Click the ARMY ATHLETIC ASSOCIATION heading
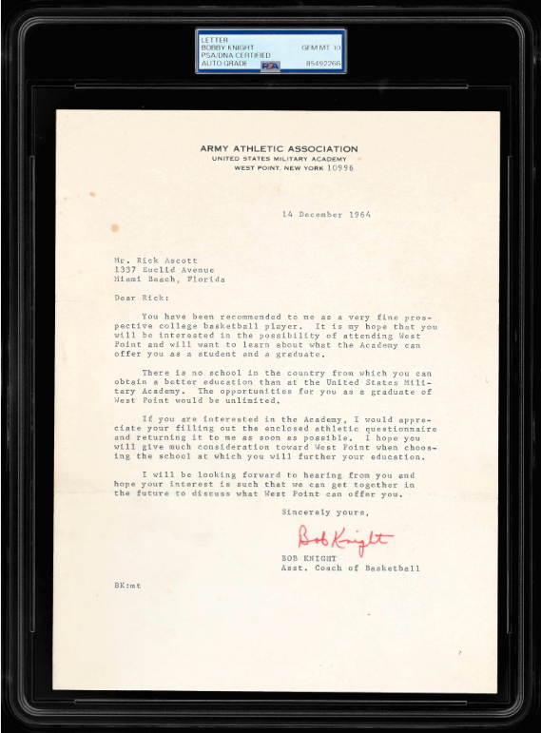click(x=279, y=148)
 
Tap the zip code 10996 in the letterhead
click(x=340, y=167)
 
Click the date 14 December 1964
click(x=327, y=215)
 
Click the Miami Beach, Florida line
click(x=168, y=280)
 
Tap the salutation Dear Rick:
click(x=132, y=298)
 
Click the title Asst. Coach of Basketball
click(x=350, y=569)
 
